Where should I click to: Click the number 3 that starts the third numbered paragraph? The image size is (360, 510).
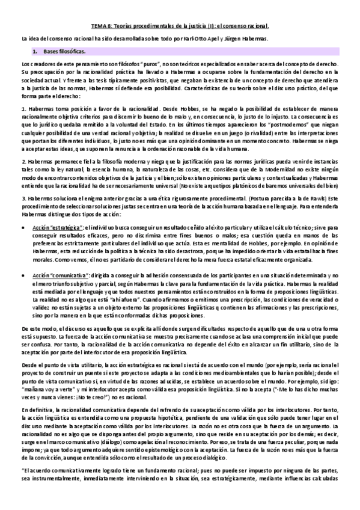(x=23, y=197)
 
